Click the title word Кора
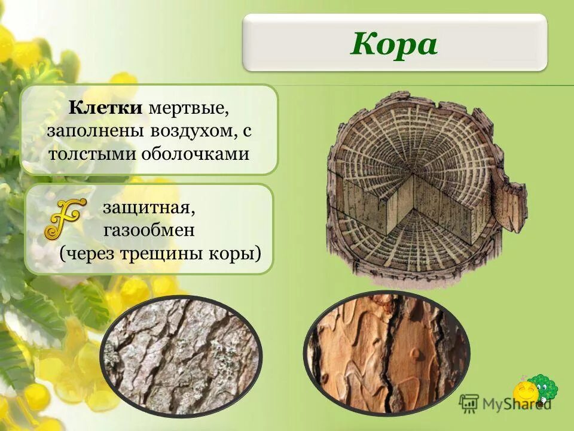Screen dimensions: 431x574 (394, 44)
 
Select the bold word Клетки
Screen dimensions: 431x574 (106, 109)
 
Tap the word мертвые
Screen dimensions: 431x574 (188, 109)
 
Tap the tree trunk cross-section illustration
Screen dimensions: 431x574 (419, 189)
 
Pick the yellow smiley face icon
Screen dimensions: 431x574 (526, 393)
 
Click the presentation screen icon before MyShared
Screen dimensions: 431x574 (469, 403)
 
